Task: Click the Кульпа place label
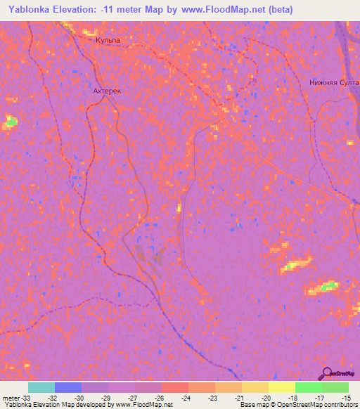click(108, 41)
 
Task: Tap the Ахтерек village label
click(108, 91)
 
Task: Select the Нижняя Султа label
click(334, 82)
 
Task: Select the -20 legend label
click(267, 398)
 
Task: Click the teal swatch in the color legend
click(41, 387)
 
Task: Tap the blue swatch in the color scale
click(68, 387)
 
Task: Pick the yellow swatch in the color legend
click(282, 387)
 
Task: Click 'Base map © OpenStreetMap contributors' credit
click(297, 405)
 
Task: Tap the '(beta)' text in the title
click(278, 10)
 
